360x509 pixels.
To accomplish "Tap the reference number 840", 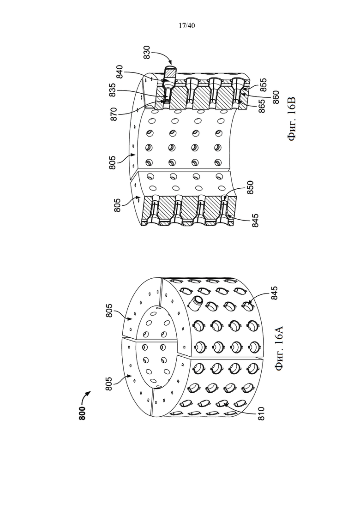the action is point(120,72).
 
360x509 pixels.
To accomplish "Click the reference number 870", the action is point(114,114).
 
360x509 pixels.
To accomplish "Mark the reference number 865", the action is point(262,106).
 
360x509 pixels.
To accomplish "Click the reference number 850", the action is point(250,188).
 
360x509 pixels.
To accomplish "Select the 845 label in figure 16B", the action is point(255,221).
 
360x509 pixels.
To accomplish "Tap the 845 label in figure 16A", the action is point(274,293).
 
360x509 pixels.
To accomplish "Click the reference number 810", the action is point(261,413).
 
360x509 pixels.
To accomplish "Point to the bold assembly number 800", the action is point(82,413).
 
